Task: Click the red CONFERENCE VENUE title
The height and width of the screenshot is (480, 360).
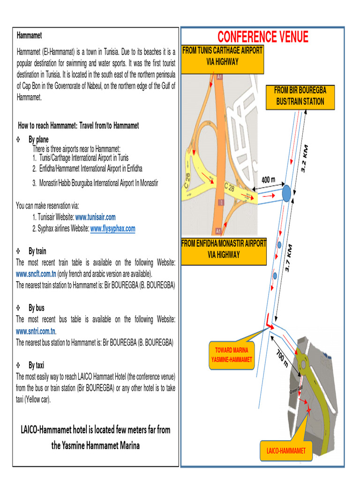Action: pos(262,37)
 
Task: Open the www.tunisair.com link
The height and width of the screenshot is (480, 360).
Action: pos(95,217)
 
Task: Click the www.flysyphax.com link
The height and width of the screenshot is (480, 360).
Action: pos(112,229)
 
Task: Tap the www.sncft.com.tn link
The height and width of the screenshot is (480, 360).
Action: pos(36,274)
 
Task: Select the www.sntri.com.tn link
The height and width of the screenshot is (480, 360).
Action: pos(36,331)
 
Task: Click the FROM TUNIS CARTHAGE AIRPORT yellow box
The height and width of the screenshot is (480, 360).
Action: pos(222,60)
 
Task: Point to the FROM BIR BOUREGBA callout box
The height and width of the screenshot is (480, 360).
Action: pos(300,97)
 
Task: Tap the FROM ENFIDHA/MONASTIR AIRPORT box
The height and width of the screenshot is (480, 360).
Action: pos(224,251)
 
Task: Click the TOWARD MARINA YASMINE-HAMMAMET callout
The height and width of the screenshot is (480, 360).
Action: pos(232,355)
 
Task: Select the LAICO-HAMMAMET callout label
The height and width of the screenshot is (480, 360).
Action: pos(286,450)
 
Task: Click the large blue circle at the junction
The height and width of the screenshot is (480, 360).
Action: pos(286,193)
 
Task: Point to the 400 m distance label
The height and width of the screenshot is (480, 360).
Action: pos(268,180)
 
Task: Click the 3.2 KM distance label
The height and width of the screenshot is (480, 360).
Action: pos(304,158)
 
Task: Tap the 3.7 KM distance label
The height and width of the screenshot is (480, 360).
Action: pos(288,258)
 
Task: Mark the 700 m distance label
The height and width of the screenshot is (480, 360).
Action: pos(282,359)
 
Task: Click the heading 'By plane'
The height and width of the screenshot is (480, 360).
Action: pos(38,140)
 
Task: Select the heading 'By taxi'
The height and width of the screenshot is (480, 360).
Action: pos(37,365)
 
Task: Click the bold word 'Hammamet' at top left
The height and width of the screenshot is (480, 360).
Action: pos(30,36)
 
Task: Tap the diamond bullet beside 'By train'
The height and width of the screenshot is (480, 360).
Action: pos(18,251)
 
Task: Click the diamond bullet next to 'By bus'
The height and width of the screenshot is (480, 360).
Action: pos(18,308)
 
